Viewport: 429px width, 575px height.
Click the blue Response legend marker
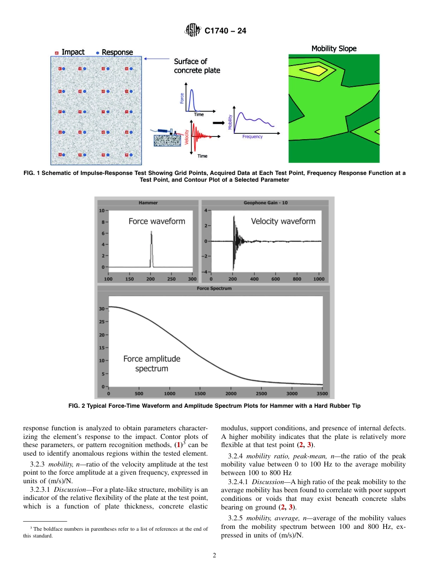(x=97, y=52)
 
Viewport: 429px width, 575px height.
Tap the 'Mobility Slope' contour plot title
(x=334, y=48)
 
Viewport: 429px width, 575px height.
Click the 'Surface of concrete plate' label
(x=197, y=66)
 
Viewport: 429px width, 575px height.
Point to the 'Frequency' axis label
(x=252, y=137)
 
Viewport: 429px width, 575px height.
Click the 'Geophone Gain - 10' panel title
(x=266, y=203)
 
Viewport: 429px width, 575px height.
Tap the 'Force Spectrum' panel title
(x=214, y=288)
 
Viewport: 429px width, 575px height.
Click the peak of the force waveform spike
(x=151, y=232)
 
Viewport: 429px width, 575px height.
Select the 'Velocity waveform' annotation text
(x=283, y=221)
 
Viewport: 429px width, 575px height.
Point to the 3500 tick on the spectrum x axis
(x=322, y=393)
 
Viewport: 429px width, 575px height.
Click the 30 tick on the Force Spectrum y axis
(x=102, y=309)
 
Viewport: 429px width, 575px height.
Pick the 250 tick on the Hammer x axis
(x=171, y=279)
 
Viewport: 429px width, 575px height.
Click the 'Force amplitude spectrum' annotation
(x=152, y=363)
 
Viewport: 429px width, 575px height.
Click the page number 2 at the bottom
(x=214, y=556)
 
